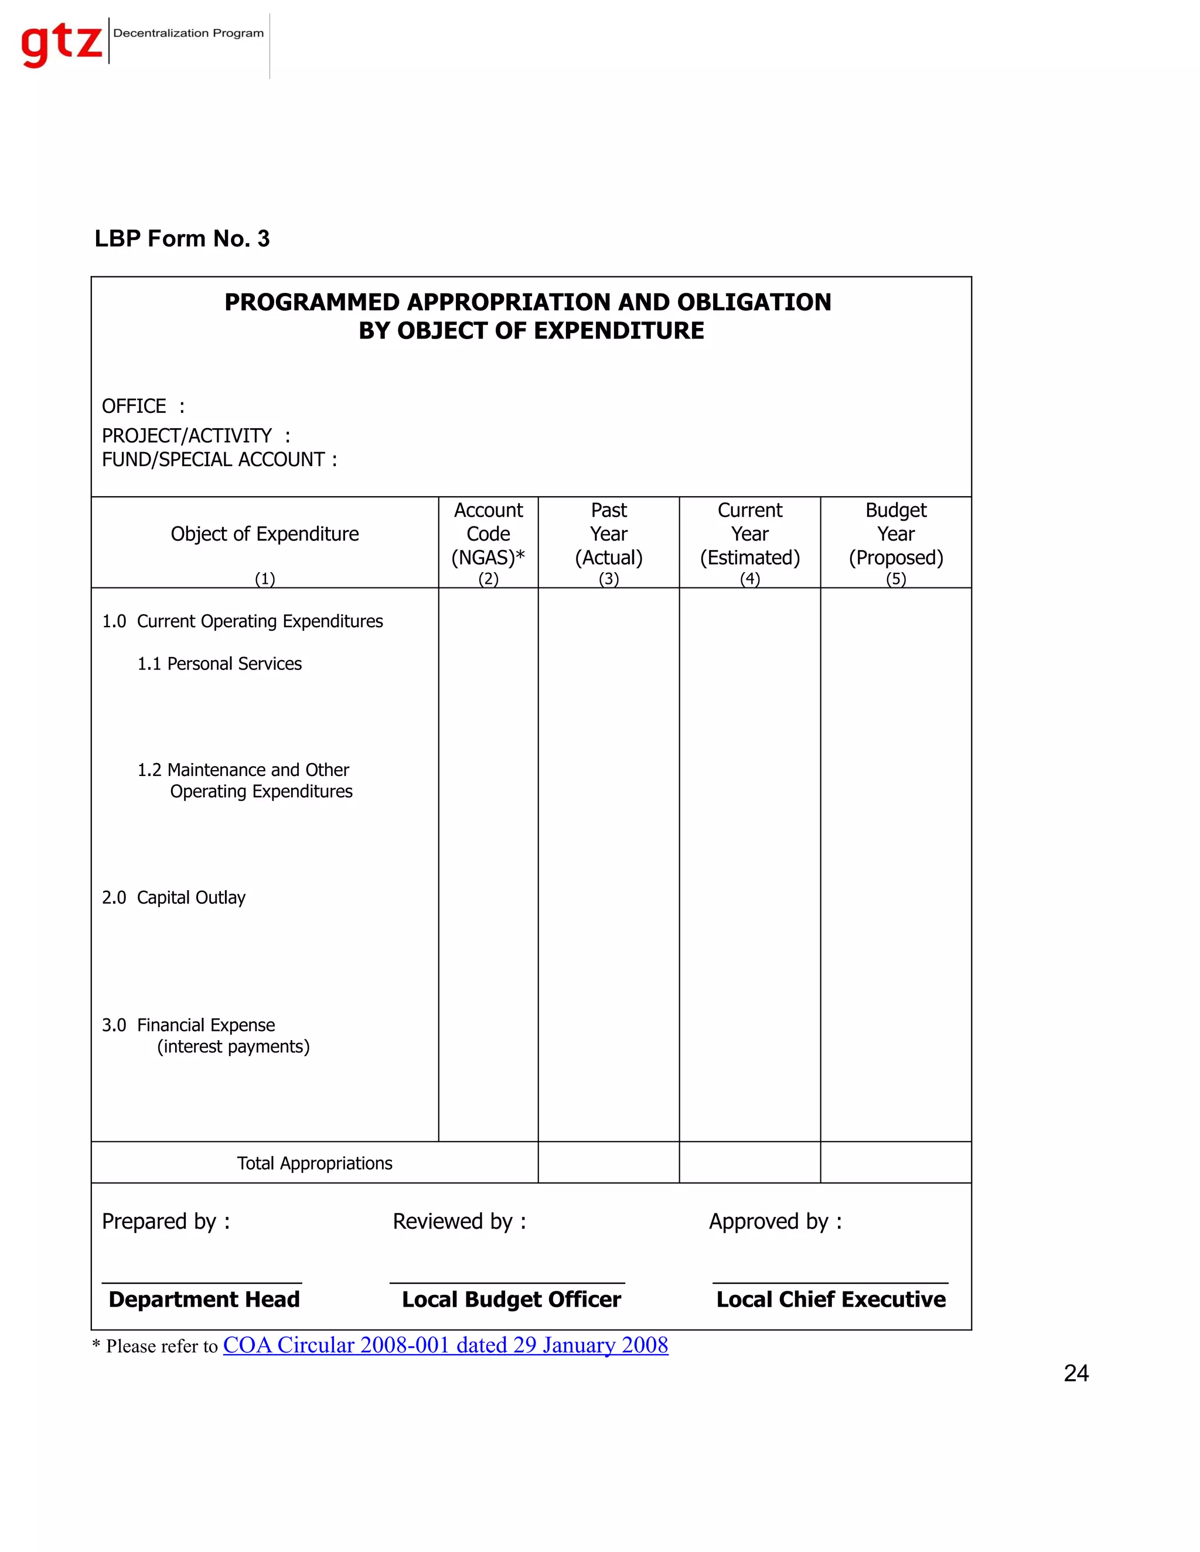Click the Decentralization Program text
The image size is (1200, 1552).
pyautogui.click(x=189, y=33)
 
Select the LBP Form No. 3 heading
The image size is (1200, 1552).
pyautogui.click(x=182, y=239)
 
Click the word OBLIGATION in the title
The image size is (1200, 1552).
pyautogui.click(x=754, y=302)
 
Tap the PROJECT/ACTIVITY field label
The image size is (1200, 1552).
pyautogui.click(x=187, y=435)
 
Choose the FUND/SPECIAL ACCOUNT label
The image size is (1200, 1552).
pyautogui.click(x=213, y=460)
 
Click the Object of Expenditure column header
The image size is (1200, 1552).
pyautogui.click(x=264, y=534)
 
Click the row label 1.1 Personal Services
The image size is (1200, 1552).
pyautogui.click(x=220, y=664)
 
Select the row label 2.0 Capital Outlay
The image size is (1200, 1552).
pyautogui.click(x=174, y=897)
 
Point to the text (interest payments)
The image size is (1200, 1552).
pyautogui.click(x=233, y=1047)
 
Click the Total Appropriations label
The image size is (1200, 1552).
pyautogui.click(x=314, y=1163)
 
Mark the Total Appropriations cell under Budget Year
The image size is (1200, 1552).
pyautogui.click(x=896, y=1163)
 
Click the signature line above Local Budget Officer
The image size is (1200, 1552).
pyautogui.click(x=507, y=1283)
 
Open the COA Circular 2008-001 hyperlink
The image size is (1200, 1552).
pyautogui.click(x=445, y=1345)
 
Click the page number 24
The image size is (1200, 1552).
pyautogui.click(x=1076, y=1373)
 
